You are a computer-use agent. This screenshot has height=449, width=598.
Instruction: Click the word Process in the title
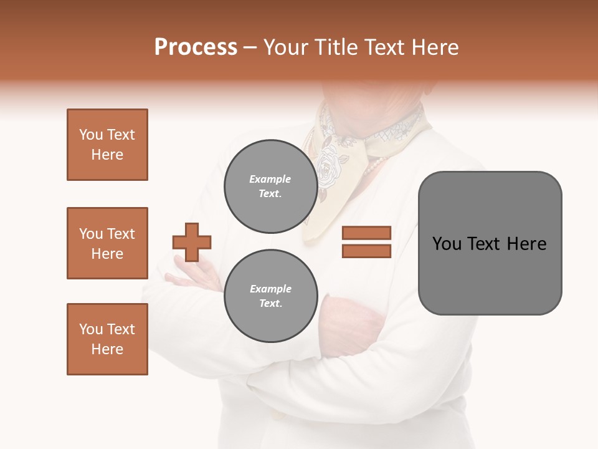(196, 47)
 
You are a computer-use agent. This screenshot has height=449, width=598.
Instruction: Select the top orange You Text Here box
(107, 145)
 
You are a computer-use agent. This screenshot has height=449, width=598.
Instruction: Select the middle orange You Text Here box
(107, 243)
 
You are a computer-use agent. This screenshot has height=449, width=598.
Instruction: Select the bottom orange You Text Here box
(107, 339)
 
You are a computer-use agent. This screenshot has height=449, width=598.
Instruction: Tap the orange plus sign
(192, 242)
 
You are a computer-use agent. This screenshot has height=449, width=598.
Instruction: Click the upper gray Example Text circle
(270, 186)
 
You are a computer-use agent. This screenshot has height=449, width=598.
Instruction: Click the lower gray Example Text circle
(270, 296)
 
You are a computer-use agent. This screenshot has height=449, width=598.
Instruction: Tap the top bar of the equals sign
(366, 233)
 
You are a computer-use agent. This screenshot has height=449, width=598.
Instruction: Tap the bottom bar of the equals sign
(366, 251)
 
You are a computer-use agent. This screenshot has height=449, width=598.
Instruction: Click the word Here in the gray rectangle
(526, 244)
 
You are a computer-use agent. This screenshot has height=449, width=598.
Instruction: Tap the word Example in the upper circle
(270, 179)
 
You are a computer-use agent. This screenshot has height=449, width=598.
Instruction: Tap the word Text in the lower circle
(270, 303)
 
